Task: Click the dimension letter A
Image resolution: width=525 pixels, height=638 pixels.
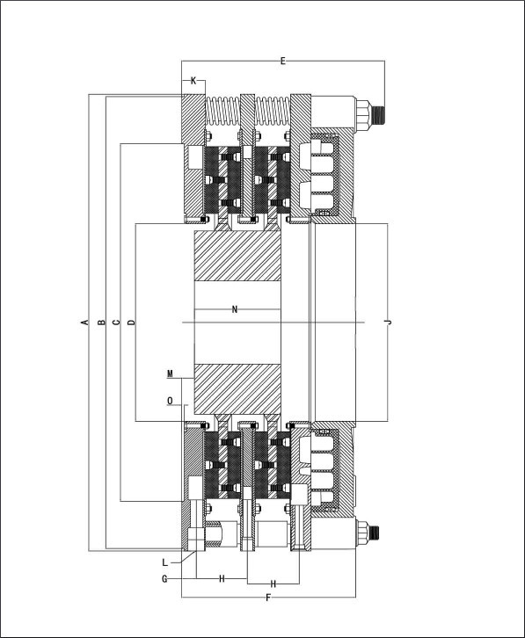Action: tap(85, 323)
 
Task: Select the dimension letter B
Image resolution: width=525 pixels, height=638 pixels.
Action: tap(102, 323)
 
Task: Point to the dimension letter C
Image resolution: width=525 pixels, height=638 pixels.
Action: tap(116, 323)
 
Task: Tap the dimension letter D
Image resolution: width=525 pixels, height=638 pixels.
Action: tap(131, 323)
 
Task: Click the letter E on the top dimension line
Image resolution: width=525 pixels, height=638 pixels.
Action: tap(283, 61)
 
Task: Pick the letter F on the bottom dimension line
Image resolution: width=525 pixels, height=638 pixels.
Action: tap(268, 598)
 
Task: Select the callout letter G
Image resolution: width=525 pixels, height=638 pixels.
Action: tap(164, 578)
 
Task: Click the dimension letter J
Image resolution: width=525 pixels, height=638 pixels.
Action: tap(389, 323)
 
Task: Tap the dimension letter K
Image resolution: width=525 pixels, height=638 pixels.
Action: tap(193, 81)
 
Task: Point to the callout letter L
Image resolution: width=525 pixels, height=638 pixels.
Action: tap(164, 562)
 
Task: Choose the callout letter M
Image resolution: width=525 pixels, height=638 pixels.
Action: tap(171, 373)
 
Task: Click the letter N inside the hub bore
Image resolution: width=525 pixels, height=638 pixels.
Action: tap(235, 309)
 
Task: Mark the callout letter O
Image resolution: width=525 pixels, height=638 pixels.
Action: tap(170, 402)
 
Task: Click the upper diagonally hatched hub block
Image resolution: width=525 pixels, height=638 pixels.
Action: tap(237, 256)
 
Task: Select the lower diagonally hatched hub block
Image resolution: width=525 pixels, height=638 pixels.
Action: tap(237, 389)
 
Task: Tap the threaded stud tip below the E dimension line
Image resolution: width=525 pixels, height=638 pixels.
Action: tap(380, 115)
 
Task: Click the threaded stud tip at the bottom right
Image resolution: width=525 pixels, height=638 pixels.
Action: tap(375, 532)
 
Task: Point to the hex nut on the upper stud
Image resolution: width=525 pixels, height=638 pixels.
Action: tap(363, 115)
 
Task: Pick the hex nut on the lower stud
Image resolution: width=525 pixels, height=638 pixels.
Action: tap(361, 532)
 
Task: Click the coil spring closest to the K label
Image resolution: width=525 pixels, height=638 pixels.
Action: tap(222, 111)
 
